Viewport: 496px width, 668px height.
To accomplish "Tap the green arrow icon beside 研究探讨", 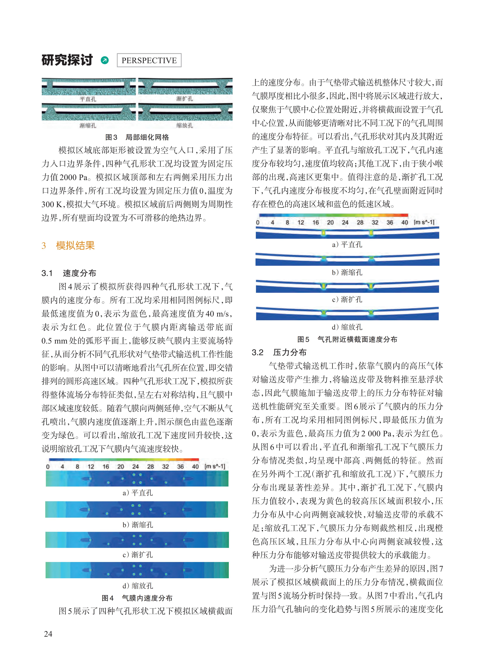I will click(x=105, y=60).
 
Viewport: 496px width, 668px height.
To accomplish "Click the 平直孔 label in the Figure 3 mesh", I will click(x=88, y=99).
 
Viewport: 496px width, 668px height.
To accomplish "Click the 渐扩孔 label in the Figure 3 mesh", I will click(x=184, y=99).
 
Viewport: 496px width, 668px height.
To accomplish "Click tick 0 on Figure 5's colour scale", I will click(x=258, y=222).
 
